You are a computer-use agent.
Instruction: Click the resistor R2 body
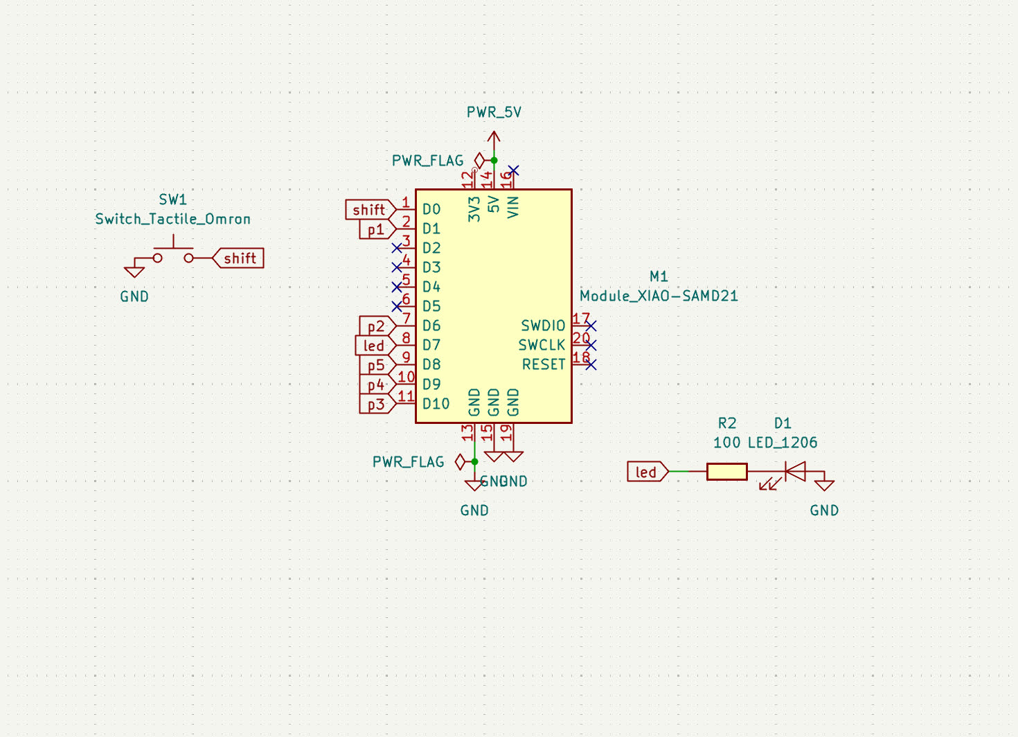tap(726, 472)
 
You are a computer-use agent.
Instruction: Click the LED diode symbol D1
tap(794, 472)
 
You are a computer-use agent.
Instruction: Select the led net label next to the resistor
tap(647, 472)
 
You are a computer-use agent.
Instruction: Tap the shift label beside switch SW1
tap(239, 258)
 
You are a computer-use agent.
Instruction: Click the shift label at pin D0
tap(369, 209)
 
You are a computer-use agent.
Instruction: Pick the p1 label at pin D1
tap(375, 229)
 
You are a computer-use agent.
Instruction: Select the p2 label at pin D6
tap(375, 326)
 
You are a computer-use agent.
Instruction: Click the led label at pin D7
tap(374, 346)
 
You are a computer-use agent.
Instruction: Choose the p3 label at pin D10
tap(375, 405)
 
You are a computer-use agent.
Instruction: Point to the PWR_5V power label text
tap(494, 112)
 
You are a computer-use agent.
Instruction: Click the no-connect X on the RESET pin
tap(591, 364)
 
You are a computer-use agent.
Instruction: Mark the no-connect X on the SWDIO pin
tap(591, 326)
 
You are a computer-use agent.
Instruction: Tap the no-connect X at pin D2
tap(397, 248)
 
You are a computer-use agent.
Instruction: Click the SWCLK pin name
tap(542, 345)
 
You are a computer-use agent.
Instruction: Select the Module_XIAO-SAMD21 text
tap(659, 296)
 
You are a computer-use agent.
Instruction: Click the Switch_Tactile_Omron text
tap(172, 219)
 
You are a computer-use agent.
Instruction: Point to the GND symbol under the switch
tap(134, 272)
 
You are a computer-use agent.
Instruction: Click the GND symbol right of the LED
tap(824, 485)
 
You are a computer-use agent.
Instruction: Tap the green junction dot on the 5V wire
tap(494, 160)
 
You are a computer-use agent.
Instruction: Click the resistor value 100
tap(726, 443)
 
